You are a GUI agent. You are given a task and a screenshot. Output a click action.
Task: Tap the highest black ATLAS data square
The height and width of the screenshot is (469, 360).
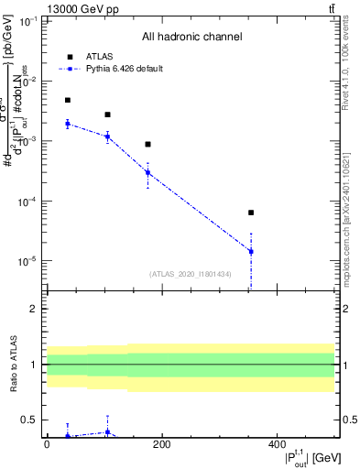(x=68, y=100)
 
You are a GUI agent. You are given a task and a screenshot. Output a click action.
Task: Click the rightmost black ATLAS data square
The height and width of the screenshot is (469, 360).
(x=251, y=213)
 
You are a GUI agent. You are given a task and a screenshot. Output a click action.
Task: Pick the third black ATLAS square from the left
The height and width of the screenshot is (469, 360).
(x=147, y=144)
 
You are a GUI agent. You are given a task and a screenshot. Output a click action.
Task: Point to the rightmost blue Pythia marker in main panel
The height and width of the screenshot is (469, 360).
(x=251, y=251)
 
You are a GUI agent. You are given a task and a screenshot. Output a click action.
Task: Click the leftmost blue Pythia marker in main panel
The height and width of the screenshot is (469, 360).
(x=68, y=124)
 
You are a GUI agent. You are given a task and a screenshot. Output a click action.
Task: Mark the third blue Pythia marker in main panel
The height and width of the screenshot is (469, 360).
(x=147, y=172)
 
